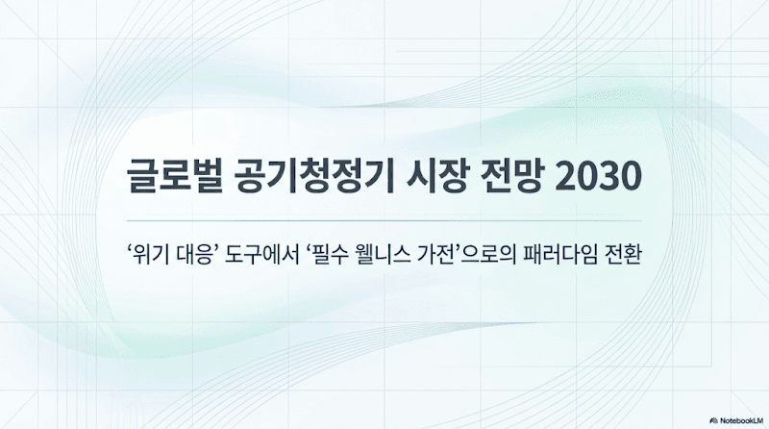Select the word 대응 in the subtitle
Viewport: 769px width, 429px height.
click(x=197, y=257)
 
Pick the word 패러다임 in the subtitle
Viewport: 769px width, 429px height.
click(x=575, y=257)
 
